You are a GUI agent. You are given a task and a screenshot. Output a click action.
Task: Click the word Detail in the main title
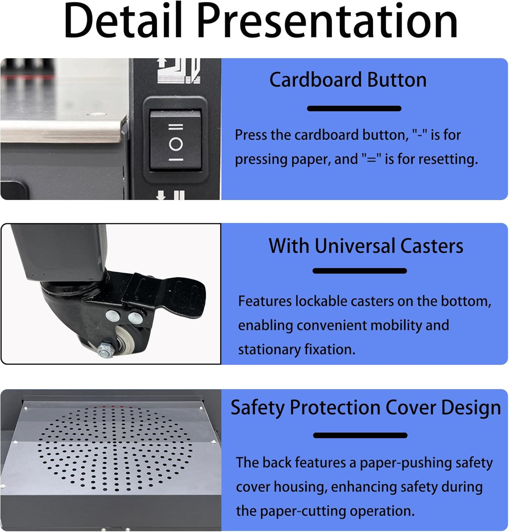(123, 21)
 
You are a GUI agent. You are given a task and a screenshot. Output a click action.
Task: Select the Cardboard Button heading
(348, 80)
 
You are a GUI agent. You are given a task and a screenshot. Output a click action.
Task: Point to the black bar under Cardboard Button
(354, 109)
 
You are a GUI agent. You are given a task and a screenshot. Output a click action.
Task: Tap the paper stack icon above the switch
(178, 71)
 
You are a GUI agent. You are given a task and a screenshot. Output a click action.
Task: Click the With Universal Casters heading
(365, 246)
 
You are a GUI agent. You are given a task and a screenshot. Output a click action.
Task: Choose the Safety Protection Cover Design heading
(365, 408)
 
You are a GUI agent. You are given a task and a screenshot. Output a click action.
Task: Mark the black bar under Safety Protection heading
(360, 436)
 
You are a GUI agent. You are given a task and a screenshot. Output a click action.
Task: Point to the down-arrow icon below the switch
(161, 195)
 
